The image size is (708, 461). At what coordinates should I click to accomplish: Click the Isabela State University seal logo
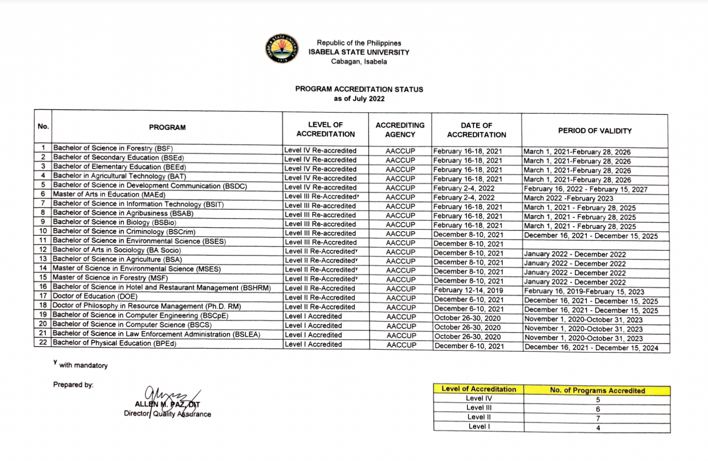[282, 48]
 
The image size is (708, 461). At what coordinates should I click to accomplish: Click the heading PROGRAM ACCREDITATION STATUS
[359, 89]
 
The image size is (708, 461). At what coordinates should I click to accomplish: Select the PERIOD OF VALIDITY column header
[595, 131]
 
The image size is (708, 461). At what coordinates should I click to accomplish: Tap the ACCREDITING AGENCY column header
[400, 130]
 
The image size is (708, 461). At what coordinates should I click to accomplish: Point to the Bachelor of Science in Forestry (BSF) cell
[113, 148]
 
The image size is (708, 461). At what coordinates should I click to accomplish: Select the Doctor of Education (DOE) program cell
[95, 296]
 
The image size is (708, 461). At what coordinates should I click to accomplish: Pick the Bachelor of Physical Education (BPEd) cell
[114, 343]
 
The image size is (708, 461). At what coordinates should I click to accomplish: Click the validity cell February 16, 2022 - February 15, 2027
[585, 189]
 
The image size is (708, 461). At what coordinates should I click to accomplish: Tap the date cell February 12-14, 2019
[468, 290]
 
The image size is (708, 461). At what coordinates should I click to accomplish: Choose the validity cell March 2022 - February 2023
[568, 198]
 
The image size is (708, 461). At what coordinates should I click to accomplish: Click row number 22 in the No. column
[43, 342]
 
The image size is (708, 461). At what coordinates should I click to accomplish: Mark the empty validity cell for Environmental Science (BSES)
[595, 245]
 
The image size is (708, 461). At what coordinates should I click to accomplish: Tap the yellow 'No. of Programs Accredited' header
[597, 390]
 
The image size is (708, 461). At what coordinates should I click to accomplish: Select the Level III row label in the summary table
[478, 408]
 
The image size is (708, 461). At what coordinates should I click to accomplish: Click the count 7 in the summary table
[598, 419]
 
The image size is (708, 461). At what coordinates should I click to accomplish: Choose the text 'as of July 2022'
[359, 99]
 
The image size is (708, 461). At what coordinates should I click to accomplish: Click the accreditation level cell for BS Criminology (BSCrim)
[320, 233]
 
